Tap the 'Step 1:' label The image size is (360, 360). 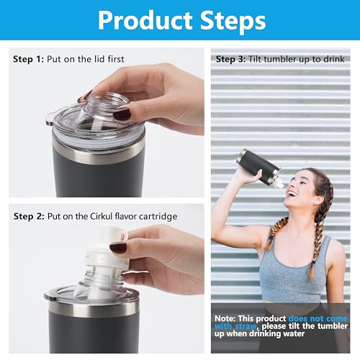coord(27,59)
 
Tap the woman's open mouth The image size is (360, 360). coord(293,192)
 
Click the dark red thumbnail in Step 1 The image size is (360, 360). coord(120,114)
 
